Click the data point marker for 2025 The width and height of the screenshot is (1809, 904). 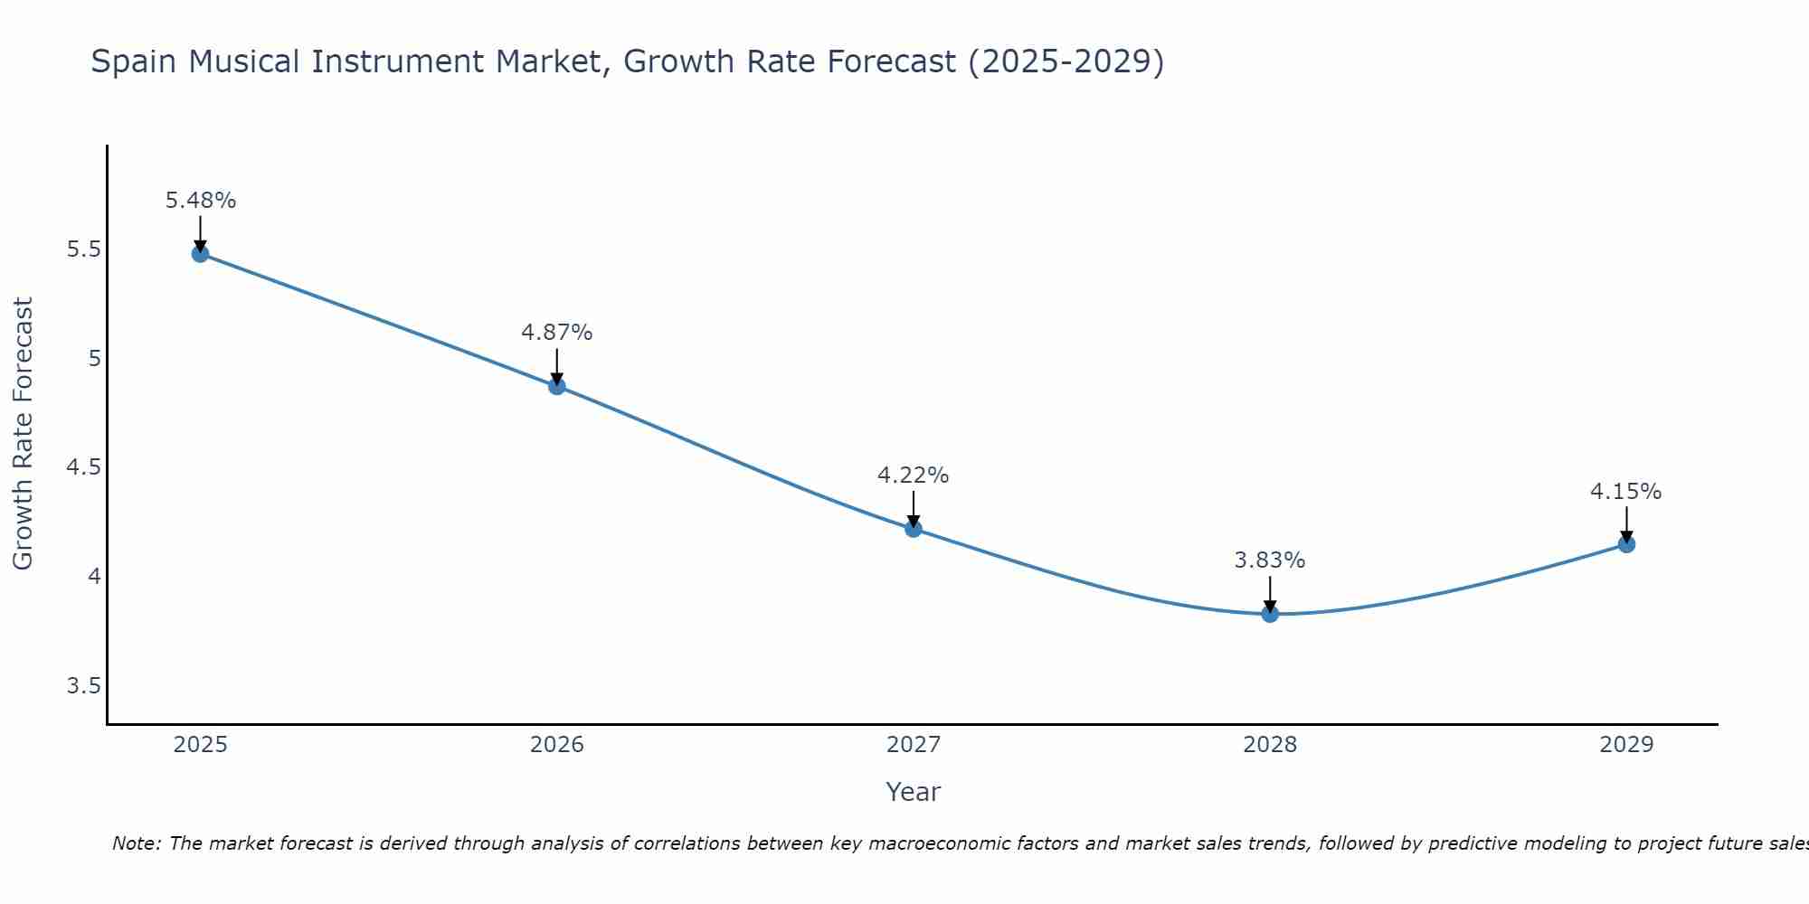point(200,253)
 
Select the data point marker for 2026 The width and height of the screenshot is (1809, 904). point(557,386)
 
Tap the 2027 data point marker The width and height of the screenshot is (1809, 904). point(914,529)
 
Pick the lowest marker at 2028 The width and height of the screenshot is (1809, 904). point(1270,614)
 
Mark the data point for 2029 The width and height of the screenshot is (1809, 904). point(1626,544)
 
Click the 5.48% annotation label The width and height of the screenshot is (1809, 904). point(201,201)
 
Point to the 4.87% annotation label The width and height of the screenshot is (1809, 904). point(557,333)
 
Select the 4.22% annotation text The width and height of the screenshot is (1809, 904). point(914,476)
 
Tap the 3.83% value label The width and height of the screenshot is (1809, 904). point(1270,560)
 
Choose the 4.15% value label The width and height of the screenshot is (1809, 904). point(1626,492)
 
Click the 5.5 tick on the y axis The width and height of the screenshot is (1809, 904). point(83,250)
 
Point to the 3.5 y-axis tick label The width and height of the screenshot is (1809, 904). point(83,686)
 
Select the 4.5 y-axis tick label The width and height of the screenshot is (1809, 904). point(83,467)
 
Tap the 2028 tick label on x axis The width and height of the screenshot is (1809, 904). point(1270,745)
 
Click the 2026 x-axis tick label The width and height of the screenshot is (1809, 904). point(557,745)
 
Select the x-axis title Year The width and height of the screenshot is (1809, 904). point(914,792)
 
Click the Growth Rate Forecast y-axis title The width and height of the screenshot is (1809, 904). point(24,434)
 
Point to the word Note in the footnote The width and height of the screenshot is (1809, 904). point(136,843)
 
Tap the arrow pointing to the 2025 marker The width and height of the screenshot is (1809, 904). point(201,231)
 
